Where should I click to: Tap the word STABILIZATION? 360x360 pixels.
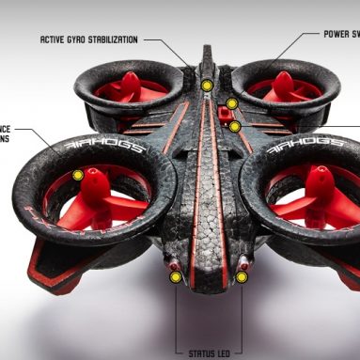click(111, 39)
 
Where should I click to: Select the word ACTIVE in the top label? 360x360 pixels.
click(51, 39)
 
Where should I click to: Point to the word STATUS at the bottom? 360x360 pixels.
click(199, 353)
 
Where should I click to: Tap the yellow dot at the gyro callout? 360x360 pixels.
click(207, 86)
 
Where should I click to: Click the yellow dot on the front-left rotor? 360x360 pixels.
click(79, 175)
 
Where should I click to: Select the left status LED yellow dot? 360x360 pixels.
click(175, 277)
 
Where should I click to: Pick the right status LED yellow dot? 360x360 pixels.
click(242, 277)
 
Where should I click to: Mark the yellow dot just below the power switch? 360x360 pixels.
click(235, 125)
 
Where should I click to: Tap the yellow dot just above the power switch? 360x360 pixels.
click(231, 102)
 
